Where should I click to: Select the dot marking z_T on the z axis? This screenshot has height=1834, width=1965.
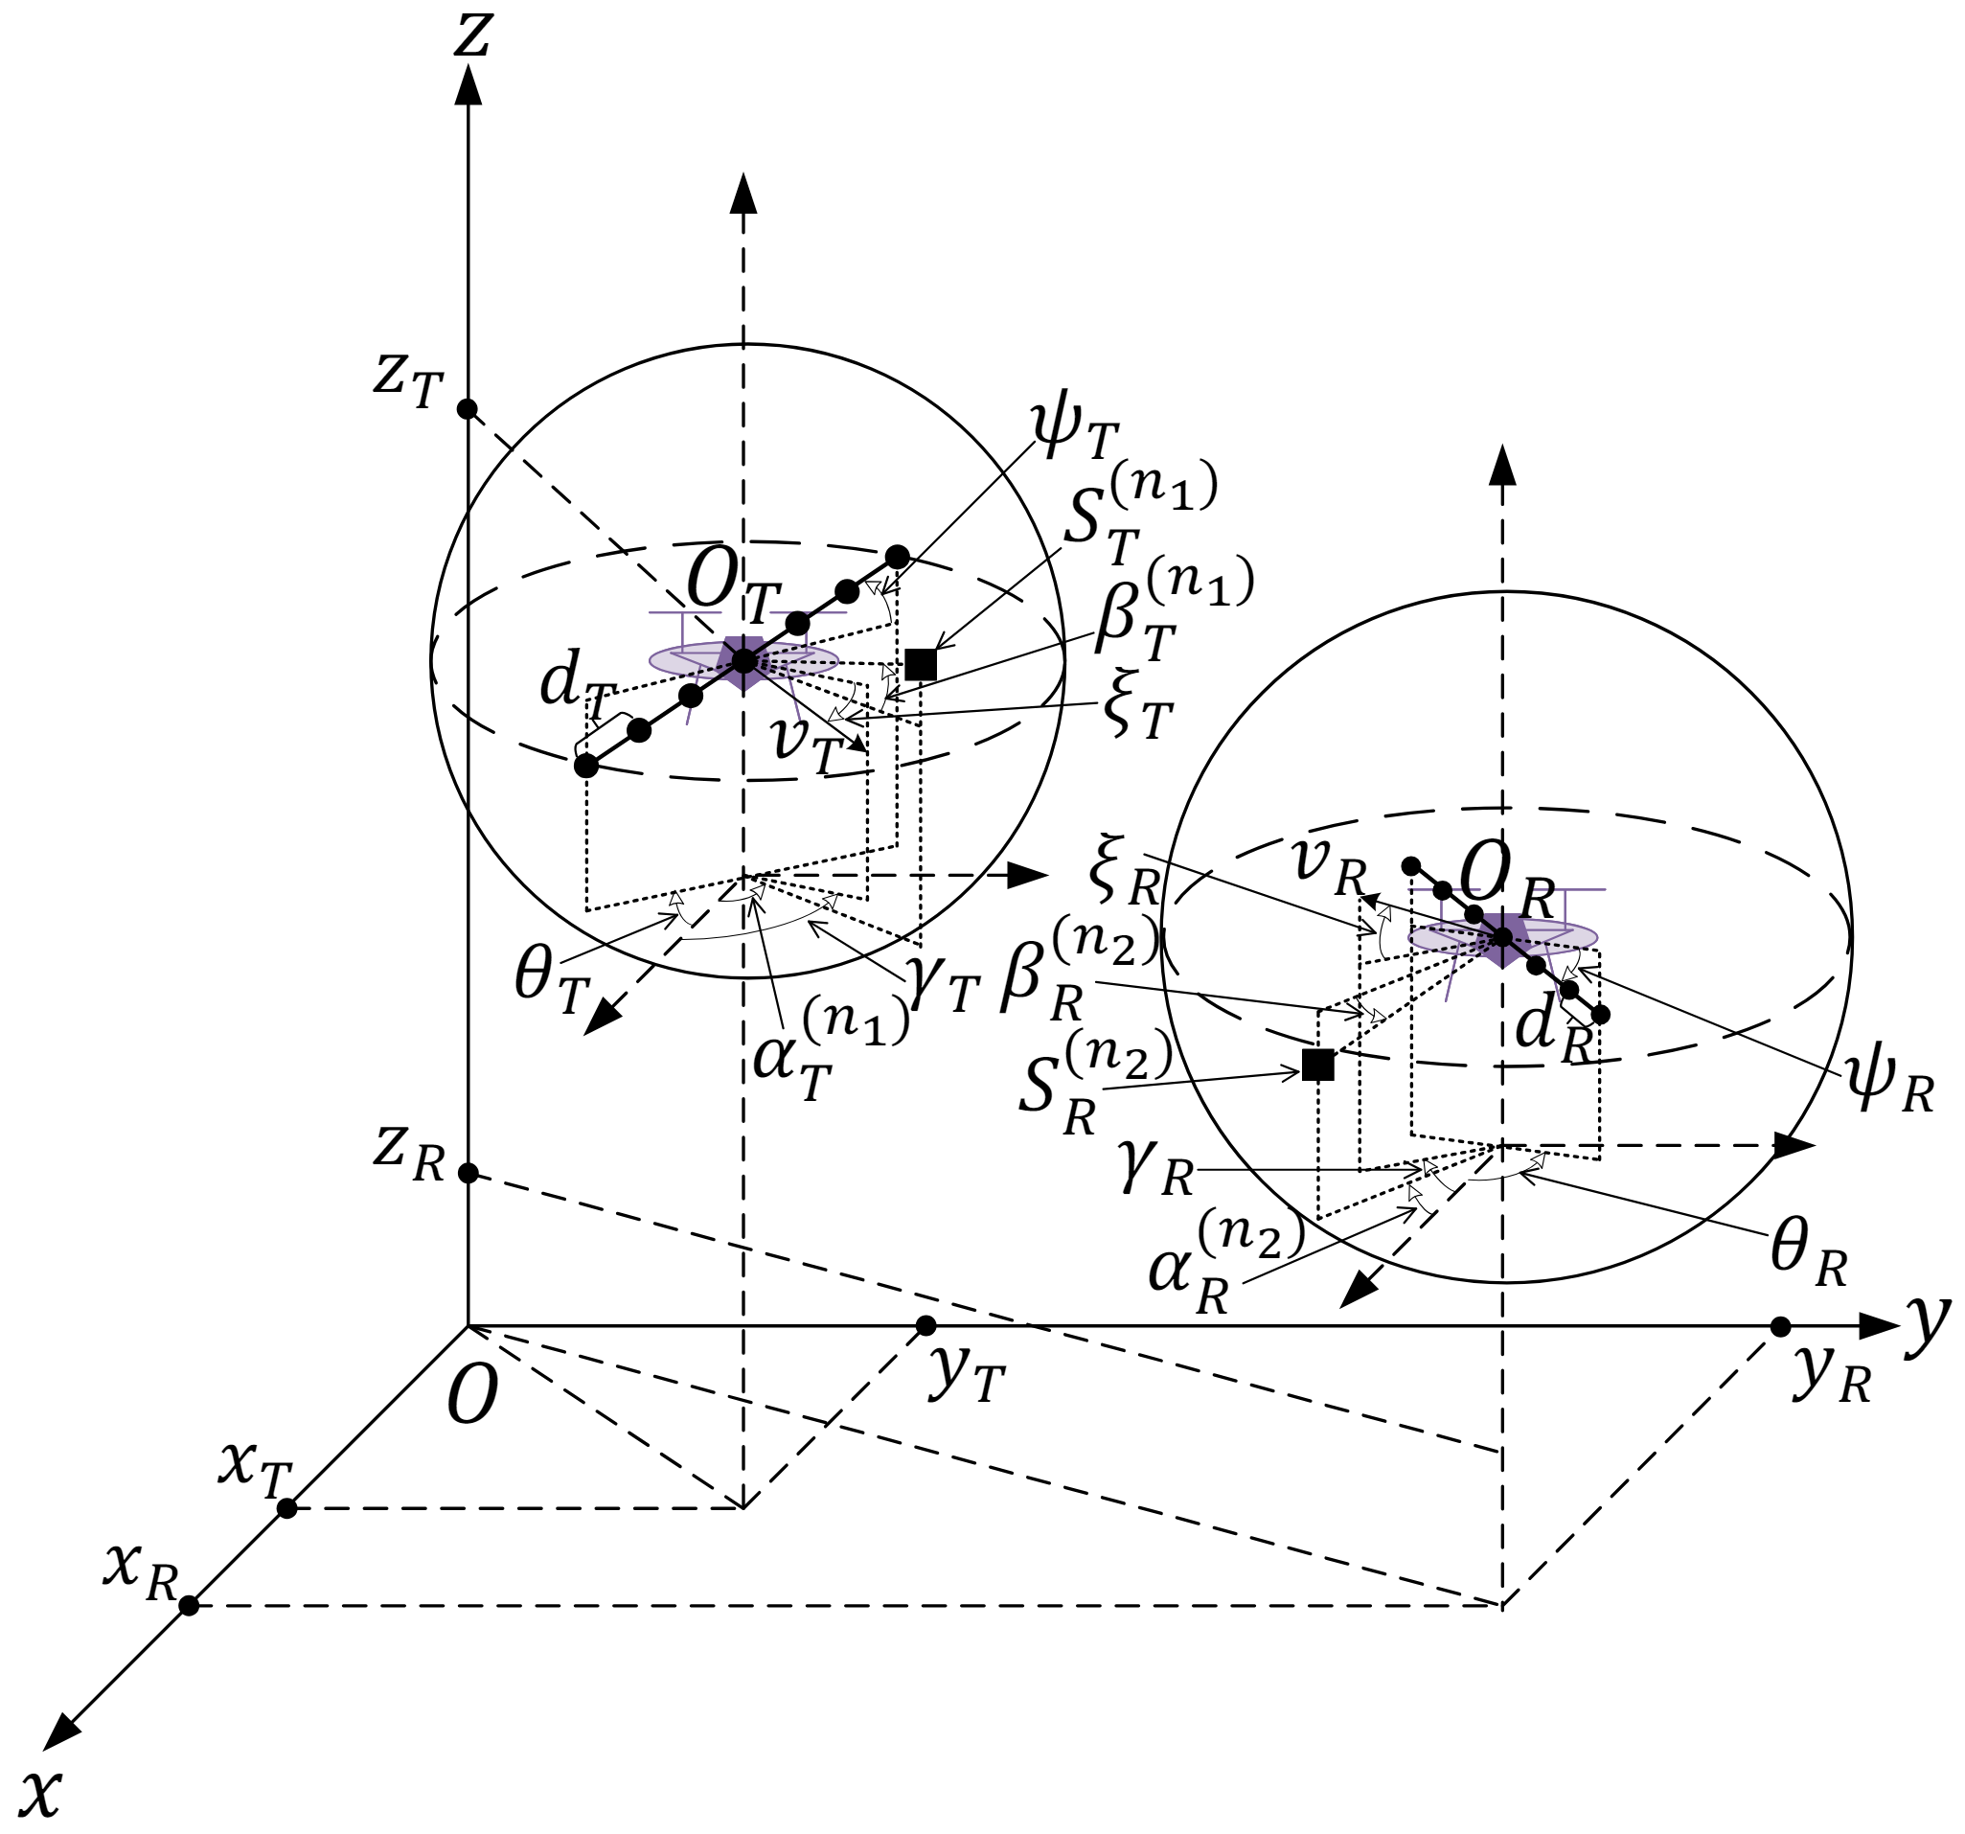tap(468, 409)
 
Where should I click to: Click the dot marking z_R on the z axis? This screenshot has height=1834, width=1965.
tap(468, 1173)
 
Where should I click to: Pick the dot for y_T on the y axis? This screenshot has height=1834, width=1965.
tap(926, 1325)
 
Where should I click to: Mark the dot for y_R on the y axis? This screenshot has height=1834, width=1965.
tap(1780, 1326)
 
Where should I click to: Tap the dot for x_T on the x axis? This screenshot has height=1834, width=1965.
tap(286, 1508)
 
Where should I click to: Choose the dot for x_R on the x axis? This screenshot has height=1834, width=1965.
tap(189, 1606)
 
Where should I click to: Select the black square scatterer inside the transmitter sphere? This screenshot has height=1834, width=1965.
tap(921, 664)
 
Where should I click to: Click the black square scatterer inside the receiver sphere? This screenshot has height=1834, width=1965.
tap(1317, 1065)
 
